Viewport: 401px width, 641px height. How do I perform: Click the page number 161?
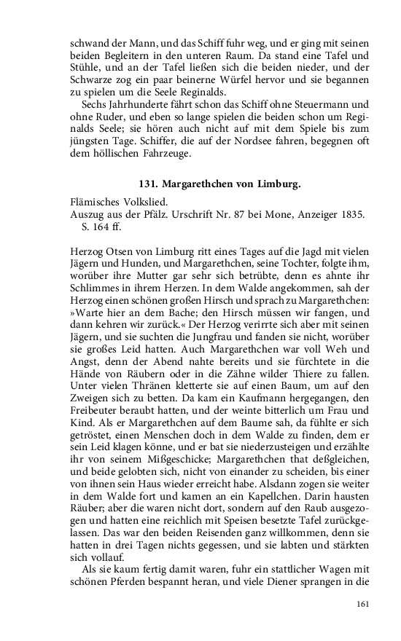365,604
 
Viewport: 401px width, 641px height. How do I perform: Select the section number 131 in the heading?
147,184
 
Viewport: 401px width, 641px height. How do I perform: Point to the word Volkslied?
144,203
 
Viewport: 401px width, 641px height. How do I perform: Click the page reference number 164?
106,229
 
